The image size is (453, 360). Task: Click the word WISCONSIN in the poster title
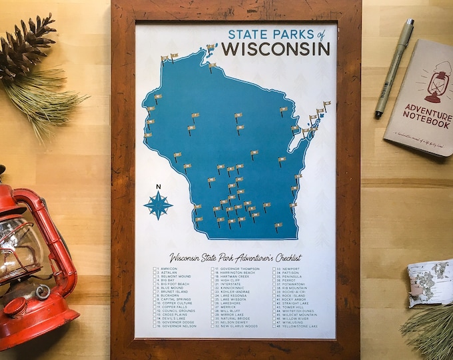(x=275, y=49)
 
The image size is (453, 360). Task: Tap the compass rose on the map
(x=159, y=205)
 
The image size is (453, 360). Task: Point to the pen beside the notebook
(x=394, y=67)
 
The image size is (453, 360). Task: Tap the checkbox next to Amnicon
(x=155, y=269)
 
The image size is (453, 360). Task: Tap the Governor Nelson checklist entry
(x=178, y=326)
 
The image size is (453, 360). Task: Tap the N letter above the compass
(x=158, y=187)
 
